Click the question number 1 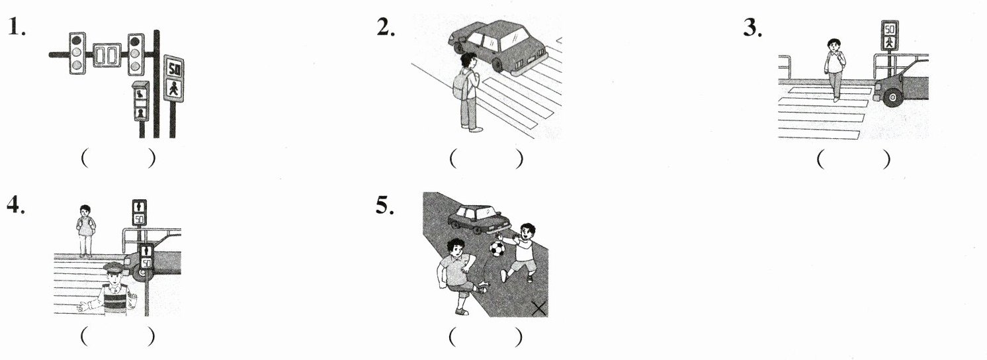(17, 27)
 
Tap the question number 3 (753, 28)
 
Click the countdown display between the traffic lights (107, 55)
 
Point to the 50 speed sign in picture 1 (174, 68)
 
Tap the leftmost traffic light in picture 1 (77, 53)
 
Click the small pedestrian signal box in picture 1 (141, 101)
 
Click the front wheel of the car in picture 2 (498, 65)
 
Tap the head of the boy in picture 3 (834, 45)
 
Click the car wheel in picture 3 (892, 97)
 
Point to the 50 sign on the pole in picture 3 (890, 29)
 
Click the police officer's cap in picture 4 (113, 267)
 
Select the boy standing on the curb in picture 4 (85, 230)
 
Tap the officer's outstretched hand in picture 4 (83, 306)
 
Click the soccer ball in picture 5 (497, 248)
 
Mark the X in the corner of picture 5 (539, 309)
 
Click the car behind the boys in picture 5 (479, 218)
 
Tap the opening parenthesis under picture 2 (452, 159)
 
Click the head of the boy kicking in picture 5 (456, 249)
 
